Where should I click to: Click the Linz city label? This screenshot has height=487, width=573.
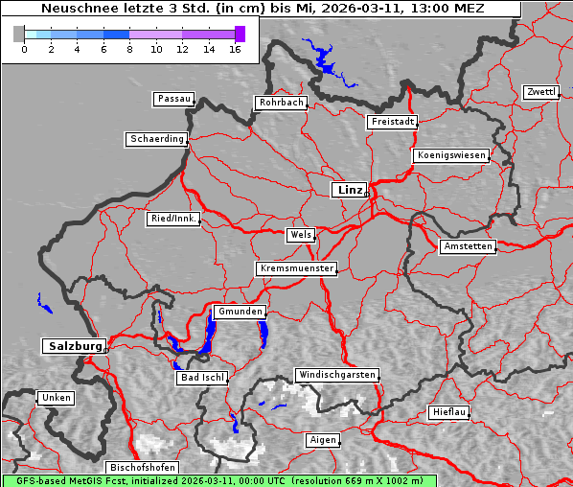349,190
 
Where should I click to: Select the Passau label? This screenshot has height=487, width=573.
173,99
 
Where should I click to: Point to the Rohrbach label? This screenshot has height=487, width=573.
280,103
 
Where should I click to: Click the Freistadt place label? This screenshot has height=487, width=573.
392,122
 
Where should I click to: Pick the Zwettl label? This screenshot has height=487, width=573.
540,92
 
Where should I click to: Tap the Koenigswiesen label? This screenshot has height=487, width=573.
451,155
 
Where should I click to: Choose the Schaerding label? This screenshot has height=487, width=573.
156,139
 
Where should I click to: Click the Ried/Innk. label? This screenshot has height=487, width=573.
173,219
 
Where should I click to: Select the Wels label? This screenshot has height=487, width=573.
300,235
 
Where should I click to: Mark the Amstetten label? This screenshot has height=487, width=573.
467,246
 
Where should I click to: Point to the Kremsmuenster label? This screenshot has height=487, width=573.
296,268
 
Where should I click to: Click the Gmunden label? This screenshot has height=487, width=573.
239,313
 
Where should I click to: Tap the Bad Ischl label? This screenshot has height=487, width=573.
201,378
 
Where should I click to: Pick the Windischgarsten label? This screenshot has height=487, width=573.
336,375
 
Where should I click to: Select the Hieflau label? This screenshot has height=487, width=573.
448,412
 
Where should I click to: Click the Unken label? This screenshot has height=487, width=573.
55,398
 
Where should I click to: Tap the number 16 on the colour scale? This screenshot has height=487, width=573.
235,48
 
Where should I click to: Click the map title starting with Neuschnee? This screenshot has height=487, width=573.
263,9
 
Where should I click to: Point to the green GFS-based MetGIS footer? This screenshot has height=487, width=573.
218,480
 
